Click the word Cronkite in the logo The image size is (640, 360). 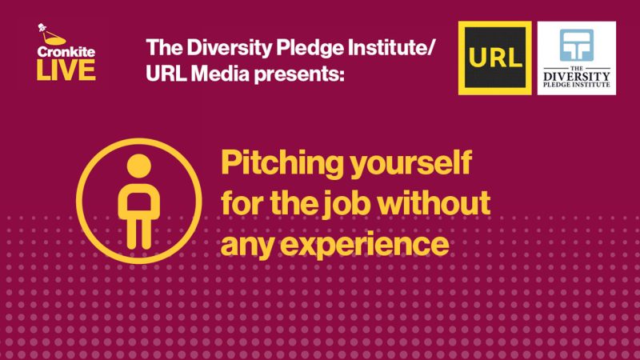66,52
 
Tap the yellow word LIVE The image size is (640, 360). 66,70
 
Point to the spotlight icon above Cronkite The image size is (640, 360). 50,34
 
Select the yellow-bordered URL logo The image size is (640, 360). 494,58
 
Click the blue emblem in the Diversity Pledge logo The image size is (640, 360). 576,45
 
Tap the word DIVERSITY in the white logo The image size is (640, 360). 576,76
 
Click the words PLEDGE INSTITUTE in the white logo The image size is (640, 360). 576,85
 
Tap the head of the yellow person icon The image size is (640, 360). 139,166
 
